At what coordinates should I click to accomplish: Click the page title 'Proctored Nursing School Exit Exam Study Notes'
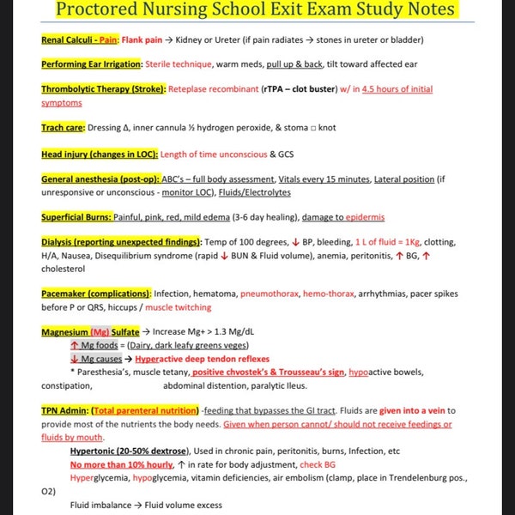click(x=258, y=13)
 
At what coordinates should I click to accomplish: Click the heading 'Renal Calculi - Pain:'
click(x=80, y=39)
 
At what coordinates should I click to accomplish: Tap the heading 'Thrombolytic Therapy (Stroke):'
click(x=103, y=89)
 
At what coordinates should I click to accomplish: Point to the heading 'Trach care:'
click(x=62, y=128)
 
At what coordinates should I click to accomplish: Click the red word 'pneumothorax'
click(x=270, y=294)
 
